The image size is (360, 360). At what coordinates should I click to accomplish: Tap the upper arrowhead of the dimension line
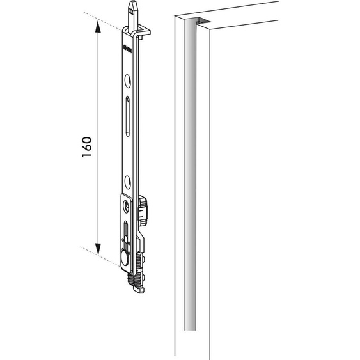[x=98, y=26]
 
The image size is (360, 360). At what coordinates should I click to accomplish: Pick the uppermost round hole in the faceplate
[x=128, y=80]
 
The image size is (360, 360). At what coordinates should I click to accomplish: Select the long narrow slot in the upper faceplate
[x=129, y=115]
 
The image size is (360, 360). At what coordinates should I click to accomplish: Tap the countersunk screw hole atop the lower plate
[x=125, y=206]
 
